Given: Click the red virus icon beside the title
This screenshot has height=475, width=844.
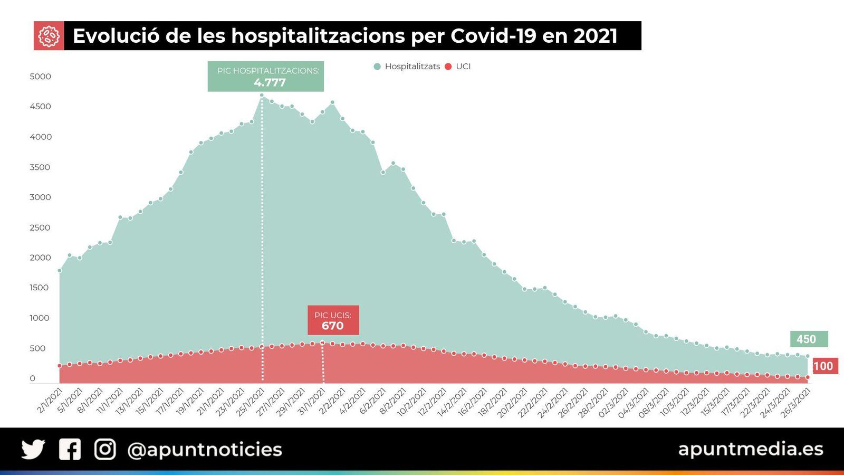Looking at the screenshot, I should coord(49,36).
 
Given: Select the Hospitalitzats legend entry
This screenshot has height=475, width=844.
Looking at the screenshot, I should coord(407,66).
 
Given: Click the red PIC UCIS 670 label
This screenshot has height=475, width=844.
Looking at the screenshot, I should coord(333,320).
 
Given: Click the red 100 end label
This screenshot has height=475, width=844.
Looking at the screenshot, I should coord(824,366).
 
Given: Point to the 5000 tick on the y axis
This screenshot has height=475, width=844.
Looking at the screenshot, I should coord(41,77).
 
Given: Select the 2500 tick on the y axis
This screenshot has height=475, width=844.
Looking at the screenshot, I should coord(41,227).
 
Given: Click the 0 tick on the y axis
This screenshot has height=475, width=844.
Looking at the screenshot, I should coord(33,378).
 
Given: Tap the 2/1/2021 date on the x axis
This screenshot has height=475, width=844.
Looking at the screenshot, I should coord(50,401).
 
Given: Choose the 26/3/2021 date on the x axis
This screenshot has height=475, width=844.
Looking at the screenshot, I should coord(795,403).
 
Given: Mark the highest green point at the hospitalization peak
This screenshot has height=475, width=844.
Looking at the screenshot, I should coord(262,96).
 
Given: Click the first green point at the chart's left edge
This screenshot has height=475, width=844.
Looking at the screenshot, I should coord(60,271).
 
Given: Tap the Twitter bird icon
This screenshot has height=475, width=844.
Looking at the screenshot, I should coord(33,449).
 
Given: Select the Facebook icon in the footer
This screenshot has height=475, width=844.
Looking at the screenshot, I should coord(70,449).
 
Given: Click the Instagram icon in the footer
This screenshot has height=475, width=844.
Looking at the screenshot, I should coord(105,449).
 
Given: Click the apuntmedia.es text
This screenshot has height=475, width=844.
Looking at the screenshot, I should coord(750,449).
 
